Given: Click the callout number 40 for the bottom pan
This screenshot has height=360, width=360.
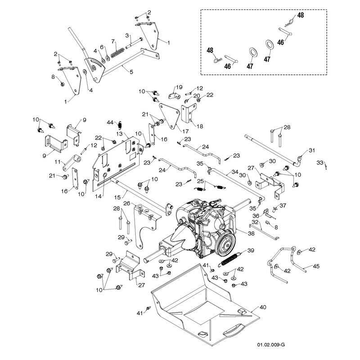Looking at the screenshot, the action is (263, 307).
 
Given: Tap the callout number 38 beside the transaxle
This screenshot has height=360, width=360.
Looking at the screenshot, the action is (251, 233).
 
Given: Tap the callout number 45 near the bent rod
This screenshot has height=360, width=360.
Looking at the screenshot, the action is (316, 266).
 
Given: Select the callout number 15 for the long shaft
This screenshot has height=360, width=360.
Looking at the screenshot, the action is (117, 197).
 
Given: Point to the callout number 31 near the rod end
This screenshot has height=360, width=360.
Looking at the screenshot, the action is (312, 150).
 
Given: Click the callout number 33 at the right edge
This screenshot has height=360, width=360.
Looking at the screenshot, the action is (320, 162).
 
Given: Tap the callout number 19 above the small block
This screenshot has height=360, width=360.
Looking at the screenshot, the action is (179, 87).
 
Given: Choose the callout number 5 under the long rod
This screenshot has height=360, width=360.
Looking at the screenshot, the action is (131, 72).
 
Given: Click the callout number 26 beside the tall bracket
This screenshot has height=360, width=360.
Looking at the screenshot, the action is (127, 203).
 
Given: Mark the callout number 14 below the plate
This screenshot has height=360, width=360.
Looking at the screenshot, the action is (98, 196).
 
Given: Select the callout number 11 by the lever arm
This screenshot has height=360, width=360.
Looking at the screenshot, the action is (58, 162).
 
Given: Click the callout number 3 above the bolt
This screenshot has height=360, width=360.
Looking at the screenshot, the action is (127, 36).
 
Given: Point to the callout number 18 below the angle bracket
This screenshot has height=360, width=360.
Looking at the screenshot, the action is (200, 126).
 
